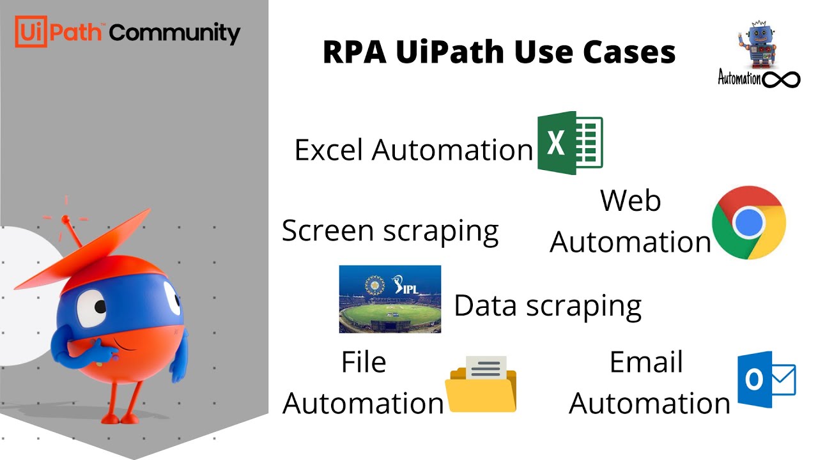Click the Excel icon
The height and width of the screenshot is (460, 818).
569,142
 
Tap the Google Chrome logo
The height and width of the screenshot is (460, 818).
749,222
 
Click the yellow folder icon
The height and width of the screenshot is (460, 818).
481,385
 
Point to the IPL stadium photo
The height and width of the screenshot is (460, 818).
390,299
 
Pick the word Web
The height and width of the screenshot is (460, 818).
630,201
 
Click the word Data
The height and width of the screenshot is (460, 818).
486,305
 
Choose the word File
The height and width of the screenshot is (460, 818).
363,362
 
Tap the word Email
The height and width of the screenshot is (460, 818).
646,362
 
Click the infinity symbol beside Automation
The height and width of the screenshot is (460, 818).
781,79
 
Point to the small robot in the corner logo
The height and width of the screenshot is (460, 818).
758,44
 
